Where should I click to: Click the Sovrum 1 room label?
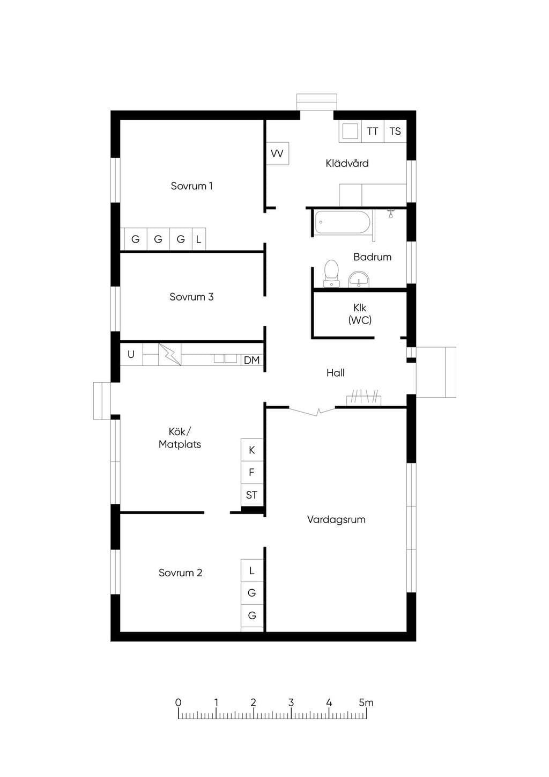point(191,186)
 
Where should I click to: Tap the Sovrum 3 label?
point(191,297)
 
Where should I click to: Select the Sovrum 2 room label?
point(180,573)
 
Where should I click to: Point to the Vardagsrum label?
point(336,519)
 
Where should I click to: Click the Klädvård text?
point(347,163)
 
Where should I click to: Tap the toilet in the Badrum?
point(331,274)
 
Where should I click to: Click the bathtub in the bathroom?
point(343,222)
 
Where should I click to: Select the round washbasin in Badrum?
point(359,280)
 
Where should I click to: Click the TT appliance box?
point(373,131)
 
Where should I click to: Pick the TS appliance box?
point(395,131)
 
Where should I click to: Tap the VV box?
point(277,153)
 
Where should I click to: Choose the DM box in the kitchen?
point(252,360)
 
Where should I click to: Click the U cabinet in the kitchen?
point(131,354)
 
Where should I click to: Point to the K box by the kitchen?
point(252,450)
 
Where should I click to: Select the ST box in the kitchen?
point(252,495)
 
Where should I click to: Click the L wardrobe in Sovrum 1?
point(199,239)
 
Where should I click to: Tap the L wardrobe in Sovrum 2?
point(252,570)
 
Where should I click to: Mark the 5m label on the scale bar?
point(366,703)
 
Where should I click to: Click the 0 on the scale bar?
point(178,703)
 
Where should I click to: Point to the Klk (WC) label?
point(360,314)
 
